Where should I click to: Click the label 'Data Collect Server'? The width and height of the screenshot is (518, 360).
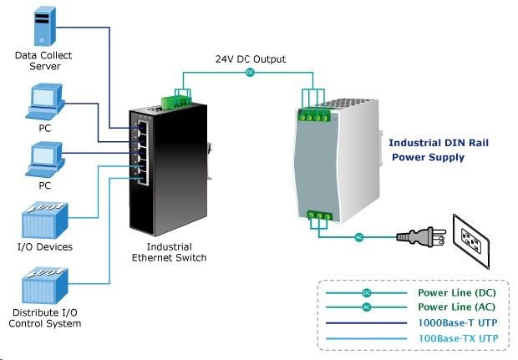point(44,61)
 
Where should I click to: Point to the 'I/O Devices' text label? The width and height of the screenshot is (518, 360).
point(44,246)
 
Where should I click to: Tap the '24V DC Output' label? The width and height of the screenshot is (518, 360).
point(250,59)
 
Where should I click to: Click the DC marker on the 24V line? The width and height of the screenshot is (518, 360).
point(249,73)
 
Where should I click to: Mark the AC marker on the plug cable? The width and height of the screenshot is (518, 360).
point(359,236)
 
